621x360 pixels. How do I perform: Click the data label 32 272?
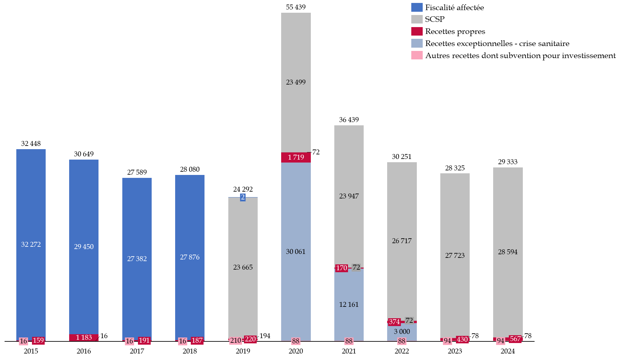[x=31, y=244]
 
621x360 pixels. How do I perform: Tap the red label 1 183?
[x=84, y=337]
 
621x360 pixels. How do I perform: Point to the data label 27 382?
[x=137, y=259]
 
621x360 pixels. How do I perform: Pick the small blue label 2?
[x=243, y=197]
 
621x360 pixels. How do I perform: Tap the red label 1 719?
[x=296, y=157]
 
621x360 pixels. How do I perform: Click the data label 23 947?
[x=349, y=196]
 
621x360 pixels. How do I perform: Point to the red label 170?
[x=341, y=268]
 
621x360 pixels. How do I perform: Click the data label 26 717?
[x=402, y=241]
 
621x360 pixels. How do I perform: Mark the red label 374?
[x=394, y=322]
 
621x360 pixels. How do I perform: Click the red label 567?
[x=515, y=339]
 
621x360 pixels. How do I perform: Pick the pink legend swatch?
[x=417, y=55]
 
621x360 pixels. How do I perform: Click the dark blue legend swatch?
[x=417, y=8]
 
